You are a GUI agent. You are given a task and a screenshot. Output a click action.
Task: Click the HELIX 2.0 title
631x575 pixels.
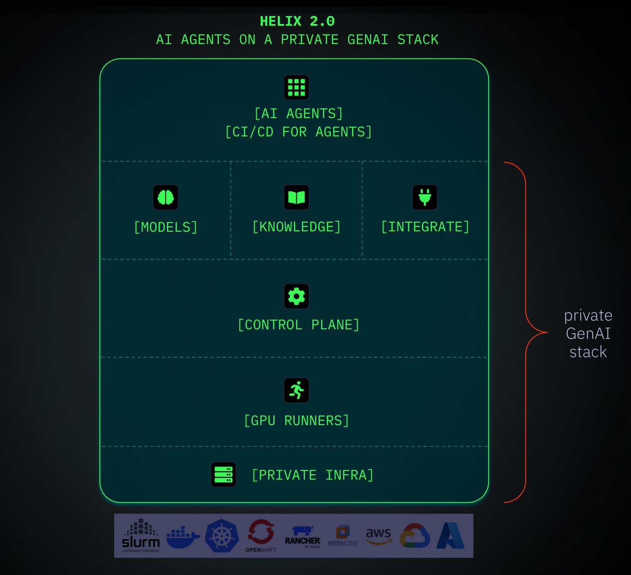[297, 21]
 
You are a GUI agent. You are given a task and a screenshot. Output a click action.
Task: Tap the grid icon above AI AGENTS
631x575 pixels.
[296, 88]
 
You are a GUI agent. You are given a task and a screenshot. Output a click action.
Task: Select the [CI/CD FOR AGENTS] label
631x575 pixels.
[299, 132]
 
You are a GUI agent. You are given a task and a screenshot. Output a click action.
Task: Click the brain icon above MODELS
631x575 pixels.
[166, 197]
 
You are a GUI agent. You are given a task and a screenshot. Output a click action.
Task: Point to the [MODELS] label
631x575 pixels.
[166, 227]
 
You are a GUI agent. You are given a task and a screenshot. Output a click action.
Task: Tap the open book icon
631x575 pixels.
[296, 197]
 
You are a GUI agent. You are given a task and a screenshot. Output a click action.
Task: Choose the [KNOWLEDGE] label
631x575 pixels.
[296, 227]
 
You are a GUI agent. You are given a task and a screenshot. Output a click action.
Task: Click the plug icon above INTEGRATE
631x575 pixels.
[425, 197]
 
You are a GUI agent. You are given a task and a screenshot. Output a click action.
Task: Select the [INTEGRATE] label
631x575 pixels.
[425, 227]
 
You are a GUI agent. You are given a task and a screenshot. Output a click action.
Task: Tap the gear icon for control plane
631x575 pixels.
[296, 296]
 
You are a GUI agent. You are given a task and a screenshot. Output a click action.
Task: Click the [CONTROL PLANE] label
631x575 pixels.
[299, 325]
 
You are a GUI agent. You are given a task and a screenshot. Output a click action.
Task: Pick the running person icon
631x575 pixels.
[296, 390]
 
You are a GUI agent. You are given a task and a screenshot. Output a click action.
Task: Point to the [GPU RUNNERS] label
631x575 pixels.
[296, 420]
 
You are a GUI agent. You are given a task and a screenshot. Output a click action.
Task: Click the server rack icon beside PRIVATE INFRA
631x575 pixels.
[224, 474]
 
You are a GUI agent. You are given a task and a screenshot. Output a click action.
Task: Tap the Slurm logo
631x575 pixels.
[141, 536]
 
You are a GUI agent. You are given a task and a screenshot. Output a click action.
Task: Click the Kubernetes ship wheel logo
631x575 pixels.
[222, 536]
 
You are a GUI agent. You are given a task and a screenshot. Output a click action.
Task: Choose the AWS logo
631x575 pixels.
[378, 535]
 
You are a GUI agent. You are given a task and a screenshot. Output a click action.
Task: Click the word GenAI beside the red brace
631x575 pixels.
[588, 333]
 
